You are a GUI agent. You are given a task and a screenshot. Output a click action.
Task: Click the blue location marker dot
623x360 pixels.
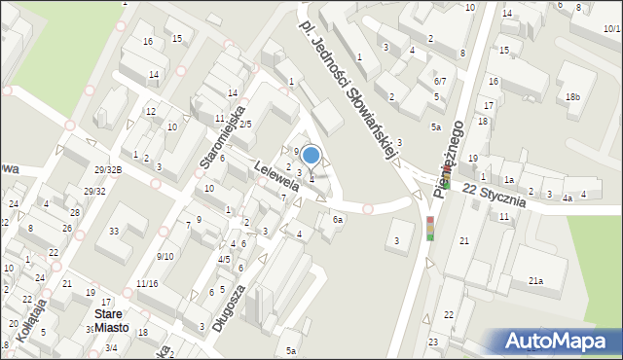pos(311,155)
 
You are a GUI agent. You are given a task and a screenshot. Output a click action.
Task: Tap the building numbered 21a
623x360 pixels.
pos(535,281)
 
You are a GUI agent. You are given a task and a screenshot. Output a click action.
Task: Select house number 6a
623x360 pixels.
pos(337,220)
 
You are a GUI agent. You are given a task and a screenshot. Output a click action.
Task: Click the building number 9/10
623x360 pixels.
pos(165,256)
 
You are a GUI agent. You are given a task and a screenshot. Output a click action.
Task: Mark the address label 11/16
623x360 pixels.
pos(147,283)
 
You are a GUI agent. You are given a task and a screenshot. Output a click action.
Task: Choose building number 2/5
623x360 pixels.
pos(245,124)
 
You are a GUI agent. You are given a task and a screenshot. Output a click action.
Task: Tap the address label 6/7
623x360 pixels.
pos(440,81)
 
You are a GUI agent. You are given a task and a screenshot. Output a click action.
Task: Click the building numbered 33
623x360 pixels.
pos(114,231)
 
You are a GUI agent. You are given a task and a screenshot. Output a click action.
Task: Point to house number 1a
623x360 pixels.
pos(508,180)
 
